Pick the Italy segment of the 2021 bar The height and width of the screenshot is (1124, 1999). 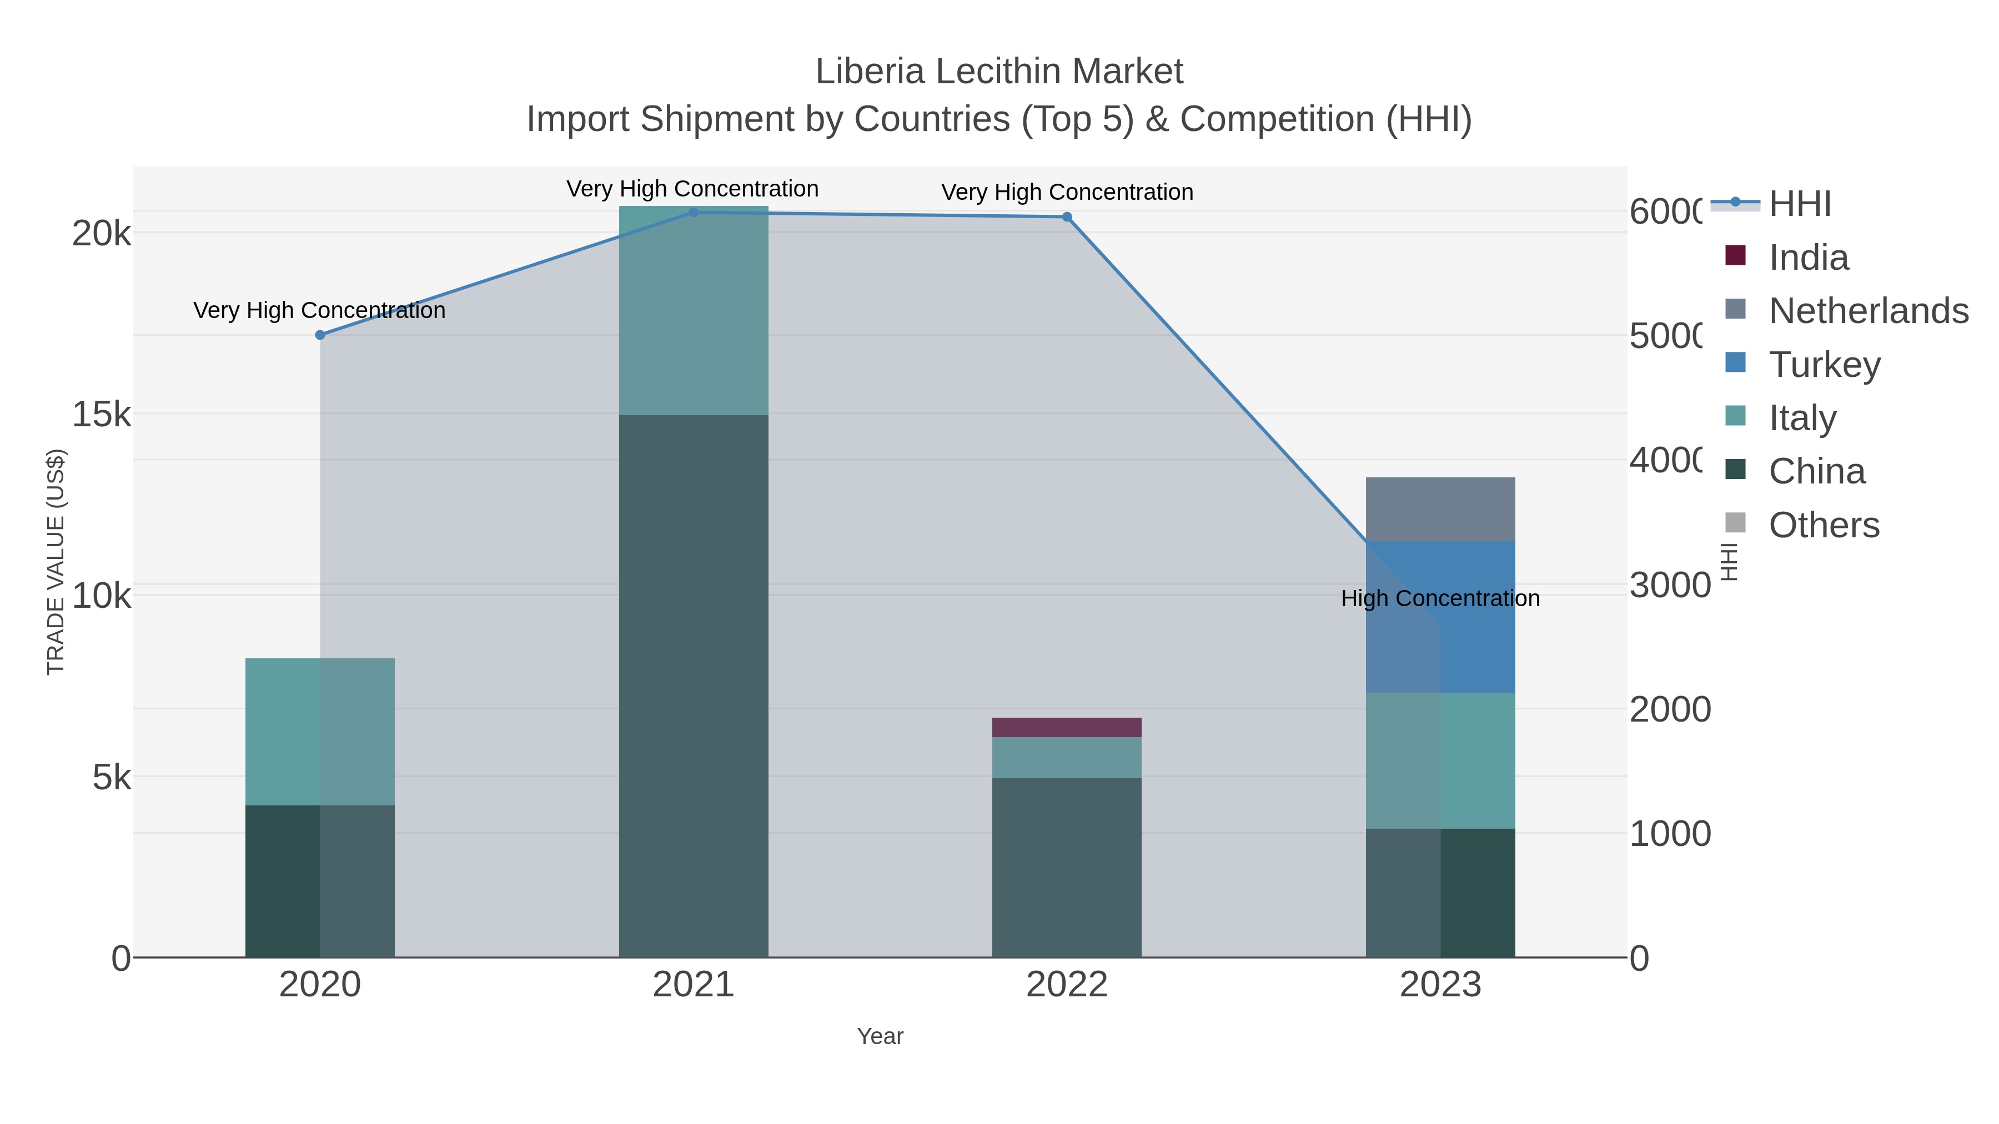pyautogui.click(x=693, y=310)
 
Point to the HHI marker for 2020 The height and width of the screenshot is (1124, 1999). pyautogui.click(x=320, y=334)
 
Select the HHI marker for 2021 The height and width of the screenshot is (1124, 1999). pyautogui.click(x=693, y=212)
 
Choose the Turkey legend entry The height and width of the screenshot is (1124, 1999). pyautogui.click(x=1824, y=364)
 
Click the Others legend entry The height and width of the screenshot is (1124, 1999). pyautogui.click(x=1824, y=525)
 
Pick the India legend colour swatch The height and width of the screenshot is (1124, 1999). pyautogui.click(x=1735, y=255)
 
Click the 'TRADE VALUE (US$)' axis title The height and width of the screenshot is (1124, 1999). pyautogui.click(x=56, y=562)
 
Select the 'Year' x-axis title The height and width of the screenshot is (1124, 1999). pyautogui.click(x=880, y=1036)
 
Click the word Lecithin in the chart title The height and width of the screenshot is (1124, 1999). pyautogui.click(x=999, y=72)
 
